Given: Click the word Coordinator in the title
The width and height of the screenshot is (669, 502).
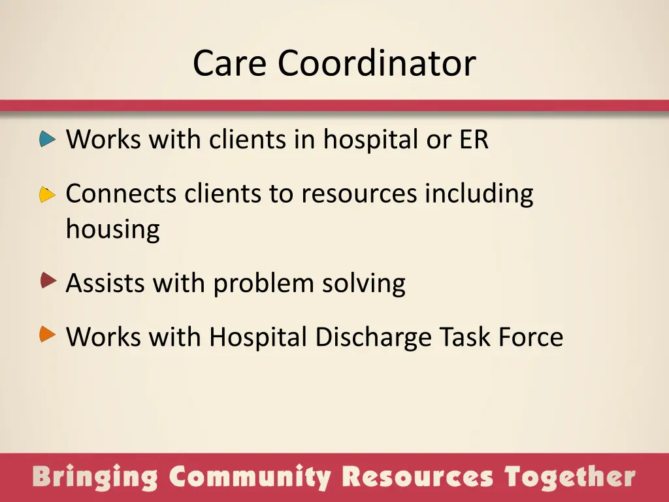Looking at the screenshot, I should coord(376,63).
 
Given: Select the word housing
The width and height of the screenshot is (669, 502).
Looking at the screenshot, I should coord(112,230).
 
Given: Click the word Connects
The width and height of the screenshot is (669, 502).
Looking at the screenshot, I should coord(121,194).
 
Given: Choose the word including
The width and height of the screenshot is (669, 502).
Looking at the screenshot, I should coord(479,194).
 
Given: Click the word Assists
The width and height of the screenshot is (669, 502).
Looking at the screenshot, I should coord(105,284).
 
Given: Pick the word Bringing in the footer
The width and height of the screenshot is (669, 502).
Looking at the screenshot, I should coord(95,478).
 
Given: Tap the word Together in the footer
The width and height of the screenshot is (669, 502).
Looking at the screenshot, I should coord(570,478).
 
